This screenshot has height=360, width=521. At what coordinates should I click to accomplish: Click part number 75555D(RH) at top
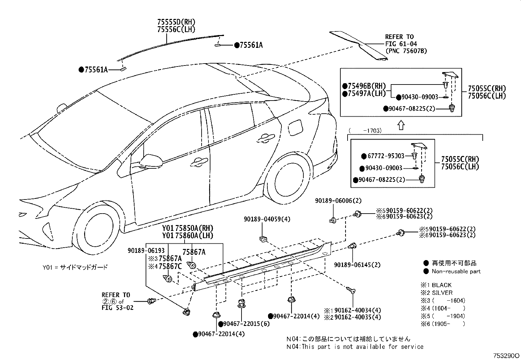point(176,22)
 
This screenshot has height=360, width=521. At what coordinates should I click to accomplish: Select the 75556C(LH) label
point(176,29)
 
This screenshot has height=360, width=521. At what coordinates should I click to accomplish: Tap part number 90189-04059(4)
point(267,219)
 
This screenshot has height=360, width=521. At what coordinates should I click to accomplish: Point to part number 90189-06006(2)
point(338,200)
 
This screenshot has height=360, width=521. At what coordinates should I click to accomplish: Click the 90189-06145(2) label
point(357,265)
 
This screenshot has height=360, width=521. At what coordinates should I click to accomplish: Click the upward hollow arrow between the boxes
point(401,125)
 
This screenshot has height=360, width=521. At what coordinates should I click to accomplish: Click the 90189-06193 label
point(146,251)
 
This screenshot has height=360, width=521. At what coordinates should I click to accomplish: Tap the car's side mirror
point(151,161)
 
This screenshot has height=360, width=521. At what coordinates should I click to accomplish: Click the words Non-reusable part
point(456,271)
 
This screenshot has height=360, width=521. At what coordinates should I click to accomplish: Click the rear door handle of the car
point(265,139)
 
